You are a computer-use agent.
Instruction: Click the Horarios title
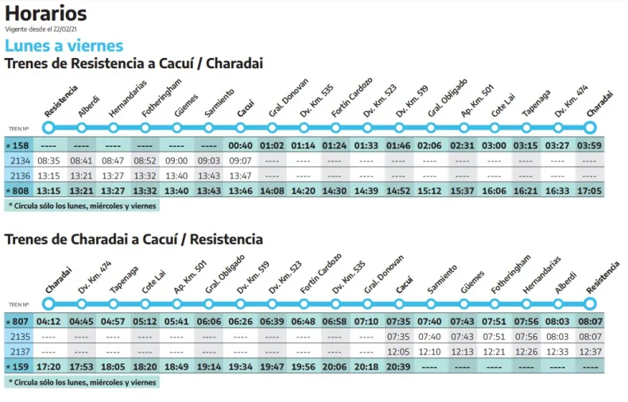click(45, 14)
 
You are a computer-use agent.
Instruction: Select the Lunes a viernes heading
click(64, 45)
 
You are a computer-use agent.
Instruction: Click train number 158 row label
click(19, 145)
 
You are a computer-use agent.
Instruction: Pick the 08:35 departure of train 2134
click(48, 160)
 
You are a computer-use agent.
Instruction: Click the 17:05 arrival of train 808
click(589, 191)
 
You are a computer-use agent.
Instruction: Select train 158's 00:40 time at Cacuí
click(240, 145)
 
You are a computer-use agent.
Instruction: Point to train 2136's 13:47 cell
click(240, 176)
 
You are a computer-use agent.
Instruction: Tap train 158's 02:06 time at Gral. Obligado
click(430, 145)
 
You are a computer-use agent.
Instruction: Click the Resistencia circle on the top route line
click(48, 127)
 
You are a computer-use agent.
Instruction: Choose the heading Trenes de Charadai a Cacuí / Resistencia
click(134, 239)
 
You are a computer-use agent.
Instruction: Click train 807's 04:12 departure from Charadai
click(48, 321)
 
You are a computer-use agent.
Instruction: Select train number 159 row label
click(19, 366)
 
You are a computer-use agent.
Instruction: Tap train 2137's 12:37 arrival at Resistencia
click(589, 351)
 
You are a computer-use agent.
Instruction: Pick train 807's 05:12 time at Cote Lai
click(145, 321)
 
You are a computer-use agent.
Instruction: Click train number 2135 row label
click(19, 336)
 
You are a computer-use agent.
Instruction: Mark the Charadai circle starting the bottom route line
click(48, 303)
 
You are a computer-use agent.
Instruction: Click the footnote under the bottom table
click(83, 382)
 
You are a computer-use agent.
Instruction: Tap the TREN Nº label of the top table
click(19, 128)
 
